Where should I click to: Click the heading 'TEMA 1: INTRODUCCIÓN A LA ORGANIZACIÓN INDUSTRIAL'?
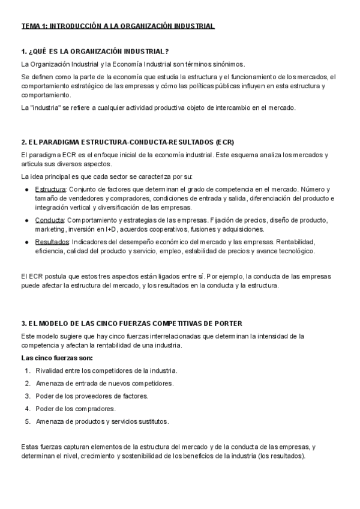tap(118, 26)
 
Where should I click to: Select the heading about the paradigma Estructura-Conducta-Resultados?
tap(127, 142)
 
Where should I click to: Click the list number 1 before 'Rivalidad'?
tap(28, 370)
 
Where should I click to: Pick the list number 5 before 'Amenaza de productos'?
tap(28, 421)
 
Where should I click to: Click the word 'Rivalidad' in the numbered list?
tap(50, 370)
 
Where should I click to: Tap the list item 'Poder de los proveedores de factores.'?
tap(92, 396)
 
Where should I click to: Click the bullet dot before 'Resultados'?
tap(27, 242)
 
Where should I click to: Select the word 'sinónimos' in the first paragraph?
tap(227, 64)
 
